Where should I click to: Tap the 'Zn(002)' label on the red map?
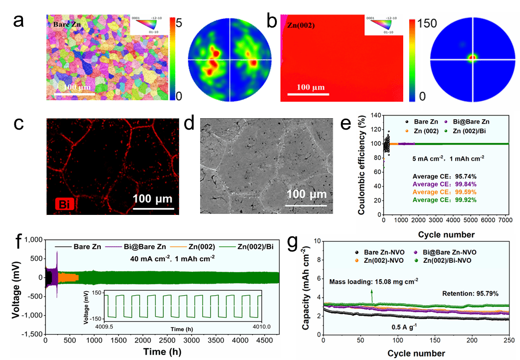click(x=301, y=25)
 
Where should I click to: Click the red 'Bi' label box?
click(x=63, y=204)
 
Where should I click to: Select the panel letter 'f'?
click(x=19, y=241)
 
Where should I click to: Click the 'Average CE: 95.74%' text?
click(x=441, y=176)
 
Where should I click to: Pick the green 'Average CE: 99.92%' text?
click(x=441, y=200)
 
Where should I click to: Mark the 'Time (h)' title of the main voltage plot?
click(x=163, y=351)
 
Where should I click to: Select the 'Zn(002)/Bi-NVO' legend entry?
click(x=448, y=260)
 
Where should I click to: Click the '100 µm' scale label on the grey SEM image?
click(x=307, y=193)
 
